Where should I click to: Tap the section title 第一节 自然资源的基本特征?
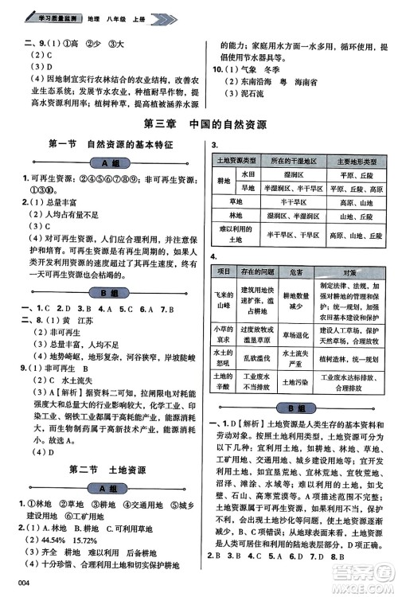(x=111, y=144)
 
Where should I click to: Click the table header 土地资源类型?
(x=230, y=162)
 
